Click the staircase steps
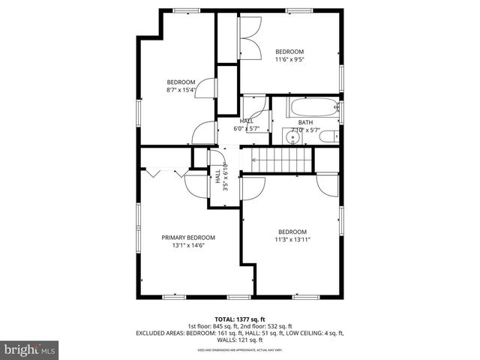[x=280, y=159]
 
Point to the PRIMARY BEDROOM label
[x=188, y=237]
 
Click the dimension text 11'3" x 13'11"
[x=292, y=239]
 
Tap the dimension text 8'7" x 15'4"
[x=181, y=90]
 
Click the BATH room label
[x=305, y=122]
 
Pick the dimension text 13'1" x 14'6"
[x=188, y=245]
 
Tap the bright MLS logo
[x=30, y=349]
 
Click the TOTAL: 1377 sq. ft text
[x=240, y=319]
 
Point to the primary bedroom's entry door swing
[x=194, y=184]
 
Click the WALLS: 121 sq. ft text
[x=240, y=340]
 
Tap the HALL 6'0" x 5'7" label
[x=247, y=124]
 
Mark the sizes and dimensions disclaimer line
[x=240, y=349]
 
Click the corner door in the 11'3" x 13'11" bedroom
[x=328, y=183]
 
